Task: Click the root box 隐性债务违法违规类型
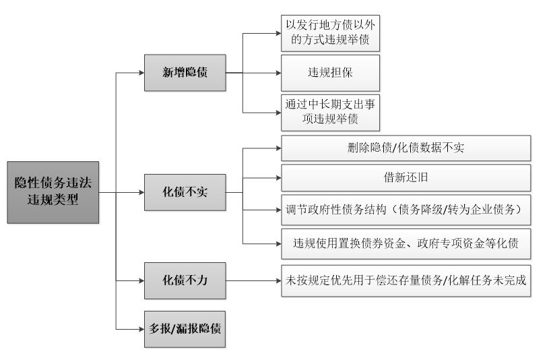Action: pos(53,192)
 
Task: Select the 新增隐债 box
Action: pos(184,73)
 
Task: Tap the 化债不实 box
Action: pos(184,192)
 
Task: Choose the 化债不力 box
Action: pos(184,278)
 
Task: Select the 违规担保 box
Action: pos(330,73)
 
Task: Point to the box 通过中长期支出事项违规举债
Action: pos(330,112)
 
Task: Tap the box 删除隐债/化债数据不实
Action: pos(406,148)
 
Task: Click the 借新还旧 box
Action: pos(406,178)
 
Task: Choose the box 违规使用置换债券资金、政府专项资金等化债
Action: pos(406,243)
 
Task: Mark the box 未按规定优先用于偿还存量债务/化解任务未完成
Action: pos(406,278)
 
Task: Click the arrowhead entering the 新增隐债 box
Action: pos(140,73)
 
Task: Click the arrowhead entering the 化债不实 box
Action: pos(140,192)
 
